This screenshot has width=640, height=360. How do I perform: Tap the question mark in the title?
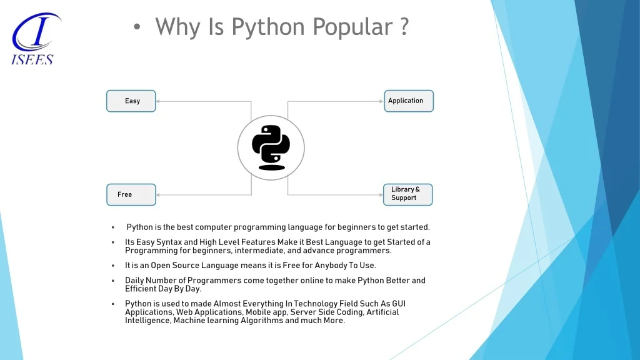404,27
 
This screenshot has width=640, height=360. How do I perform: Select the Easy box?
131,101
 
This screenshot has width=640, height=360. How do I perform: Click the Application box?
407,101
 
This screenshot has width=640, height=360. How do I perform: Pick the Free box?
131,194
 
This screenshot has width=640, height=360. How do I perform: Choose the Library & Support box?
407,194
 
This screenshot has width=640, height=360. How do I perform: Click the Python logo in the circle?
271,148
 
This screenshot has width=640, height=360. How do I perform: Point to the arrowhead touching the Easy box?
159,101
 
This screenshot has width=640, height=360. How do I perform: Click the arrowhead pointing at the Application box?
381,101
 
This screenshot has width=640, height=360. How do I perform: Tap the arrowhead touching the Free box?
159,195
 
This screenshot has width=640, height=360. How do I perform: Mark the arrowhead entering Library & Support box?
380,195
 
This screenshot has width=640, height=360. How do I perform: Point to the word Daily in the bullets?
135,281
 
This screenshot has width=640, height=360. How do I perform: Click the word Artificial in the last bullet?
382,312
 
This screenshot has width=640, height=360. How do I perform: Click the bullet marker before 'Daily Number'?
112,281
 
